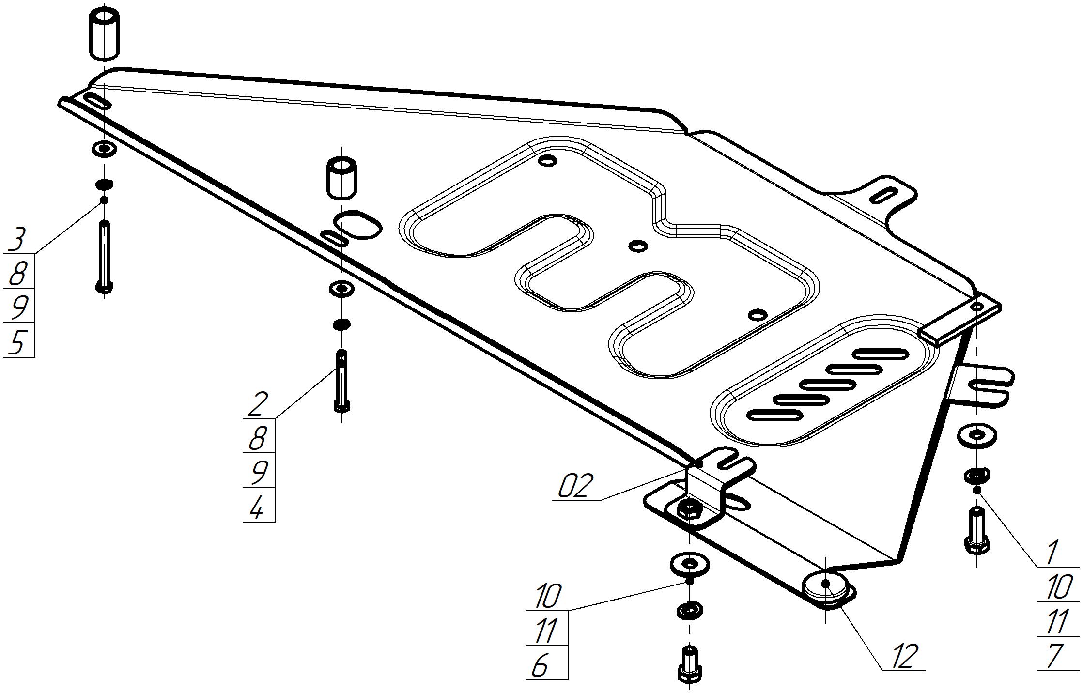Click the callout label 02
tap(575, 486)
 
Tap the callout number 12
tap(903, 656)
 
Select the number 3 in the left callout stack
tap(17, 239)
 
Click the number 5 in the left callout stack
tap(17, 342)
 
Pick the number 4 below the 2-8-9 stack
tap(257, 507)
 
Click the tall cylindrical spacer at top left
tap(104, 32)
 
